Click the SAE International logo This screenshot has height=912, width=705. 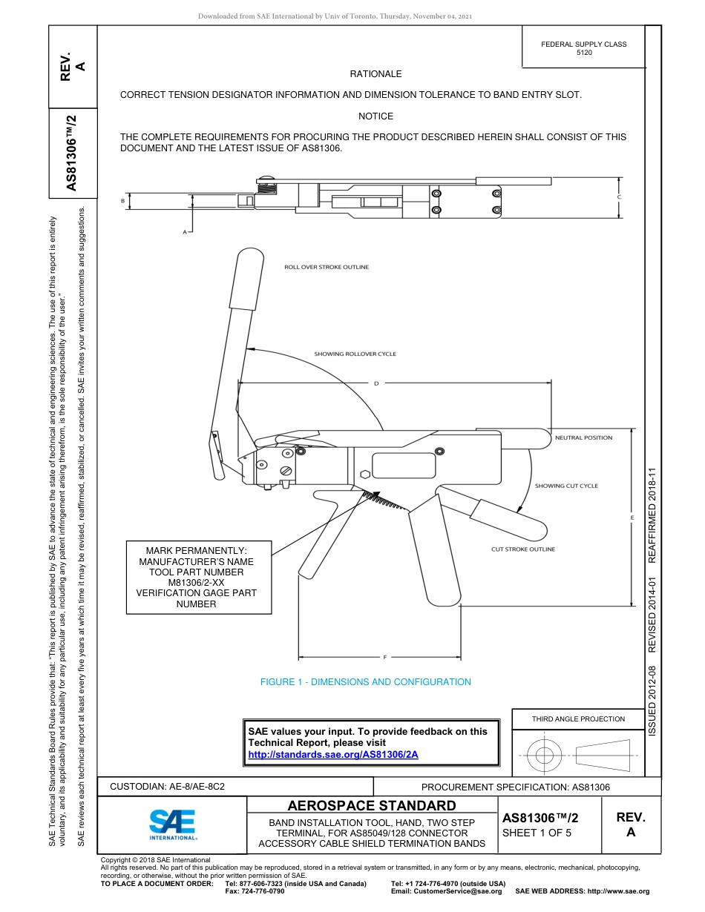tap(173, 824)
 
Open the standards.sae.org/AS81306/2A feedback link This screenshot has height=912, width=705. tap(333, 754)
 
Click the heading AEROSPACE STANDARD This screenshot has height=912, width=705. tap(372, 806)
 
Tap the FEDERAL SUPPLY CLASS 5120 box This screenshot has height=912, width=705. tap(583, 48)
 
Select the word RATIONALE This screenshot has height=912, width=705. tap(376, 74)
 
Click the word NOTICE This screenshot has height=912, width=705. tap(376, 116)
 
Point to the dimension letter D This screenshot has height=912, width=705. tap(376, 383)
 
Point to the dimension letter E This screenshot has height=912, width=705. tap(632, 517)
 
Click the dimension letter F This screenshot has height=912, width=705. tap(385, 658)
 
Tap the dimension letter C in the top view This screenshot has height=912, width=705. tap(619, 196)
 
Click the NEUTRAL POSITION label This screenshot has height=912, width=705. tap(583, 437)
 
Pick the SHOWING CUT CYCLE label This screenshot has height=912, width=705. tap(566, 486)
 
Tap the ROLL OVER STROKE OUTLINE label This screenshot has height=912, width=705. tap(327, 267)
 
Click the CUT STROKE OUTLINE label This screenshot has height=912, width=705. tap(522, 549)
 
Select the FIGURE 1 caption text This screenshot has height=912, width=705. tap(365, 682)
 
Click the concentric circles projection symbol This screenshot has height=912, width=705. tap(545, 756)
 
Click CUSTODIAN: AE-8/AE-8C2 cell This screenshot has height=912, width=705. tap(167, 787)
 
